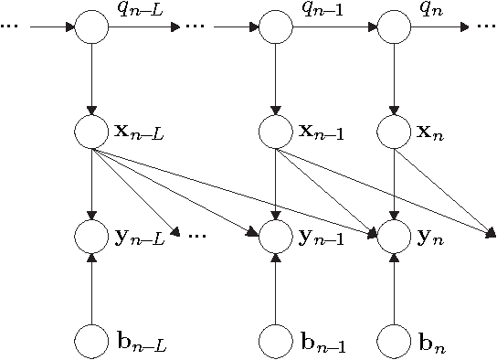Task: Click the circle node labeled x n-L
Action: pyautogui.click(x=91, y=132)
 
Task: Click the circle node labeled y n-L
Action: pyautogui.click(x=91, y=237)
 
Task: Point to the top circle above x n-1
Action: pyautogui.click(x=275, y=26)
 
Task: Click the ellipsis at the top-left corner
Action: pyautogui.click(x=10, y=26)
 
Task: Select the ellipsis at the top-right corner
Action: pyautogui.click(x=485, y=26)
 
